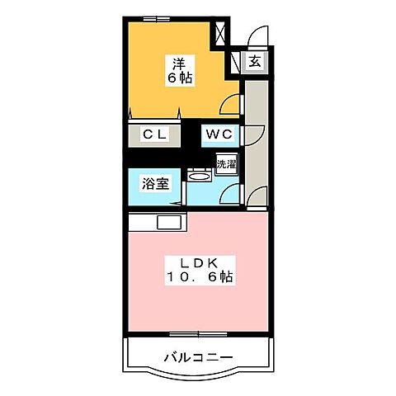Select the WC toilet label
tap(219, 134)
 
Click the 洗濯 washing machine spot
tap(226, 163)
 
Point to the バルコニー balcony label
tap(197, 357)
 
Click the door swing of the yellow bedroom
tap(234, 106)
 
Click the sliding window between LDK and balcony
tap(198, 333)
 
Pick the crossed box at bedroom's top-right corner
tap(222, 32)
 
